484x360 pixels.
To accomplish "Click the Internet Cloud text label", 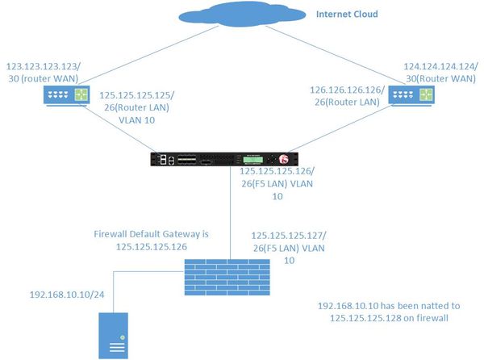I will coord(347,15).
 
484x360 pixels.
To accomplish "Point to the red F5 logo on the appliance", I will coord(284,159).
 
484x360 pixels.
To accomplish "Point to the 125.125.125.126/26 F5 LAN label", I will coord(275,182).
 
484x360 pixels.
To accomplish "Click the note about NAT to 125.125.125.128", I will coord(384,314).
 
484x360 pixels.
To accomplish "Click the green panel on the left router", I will coord(81,95).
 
